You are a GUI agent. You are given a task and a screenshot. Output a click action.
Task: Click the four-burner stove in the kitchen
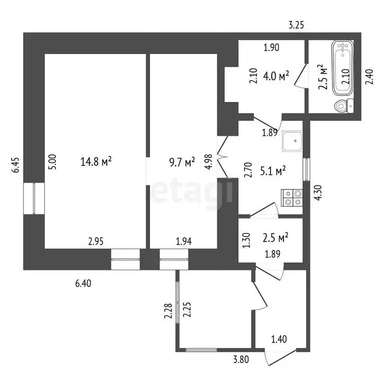(x=292, y=197)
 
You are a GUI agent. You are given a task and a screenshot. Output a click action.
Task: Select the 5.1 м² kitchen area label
(x=273, y=171)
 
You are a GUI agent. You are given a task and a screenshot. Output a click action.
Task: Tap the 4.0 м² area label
(x=276, y=76)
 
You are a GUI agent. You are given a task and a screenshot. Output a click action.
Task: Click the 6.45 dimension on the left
(x=16, y=165)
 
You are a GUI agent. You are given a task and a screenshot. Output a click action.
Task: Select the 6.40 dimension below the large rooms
(x=83, y=283)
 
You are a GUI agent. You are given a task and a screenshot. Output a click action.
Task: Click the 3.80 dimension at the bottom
(x=240, y=358)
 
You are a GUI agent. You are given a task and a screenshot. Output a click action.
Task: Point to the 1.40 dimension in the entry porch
(x=279, y=340)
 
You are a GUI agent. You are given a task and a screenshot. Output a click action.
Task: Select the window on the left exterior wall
(x=34, y=198)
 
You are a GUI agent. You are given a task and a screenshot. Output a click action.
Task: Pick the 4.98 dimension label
(x=209, y=162)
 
